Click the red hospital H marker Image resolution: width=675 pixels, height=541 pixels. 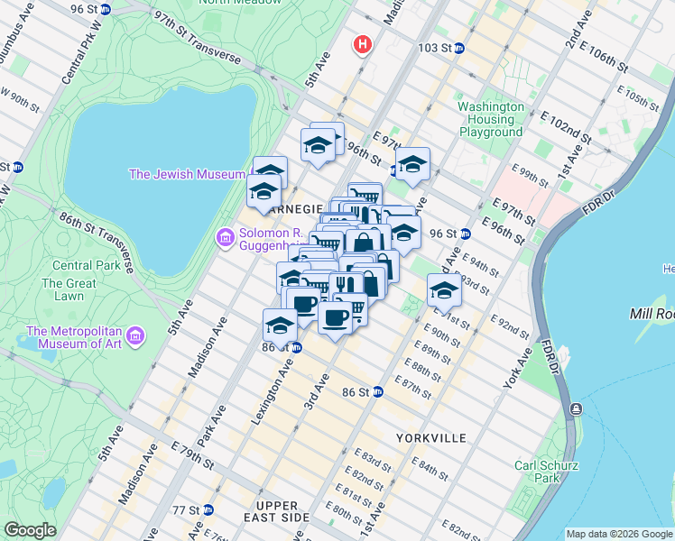point(363,43)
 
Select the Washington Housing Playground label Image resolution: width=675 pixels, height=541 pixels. point(491,119)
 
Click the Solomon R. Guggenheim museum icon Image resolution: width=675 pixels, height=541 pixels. point(224,238)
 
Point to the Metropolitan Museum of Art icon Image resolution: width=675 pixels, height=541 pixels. point(135,336)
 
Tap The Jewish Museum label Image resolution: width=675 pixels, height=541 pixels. point(187,174)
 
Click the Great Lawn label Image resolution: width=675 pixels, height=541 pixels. point(69,290)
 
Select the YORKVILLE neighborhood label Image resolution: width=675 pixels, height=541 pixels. point(431,438)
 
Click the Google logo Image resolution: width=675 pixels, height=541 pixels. point(30,530)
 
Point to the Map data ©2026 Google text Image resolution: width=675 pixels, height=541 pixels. point(618,534)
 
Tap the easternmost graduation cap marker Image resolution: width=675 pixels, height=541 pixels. point(444,290)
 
